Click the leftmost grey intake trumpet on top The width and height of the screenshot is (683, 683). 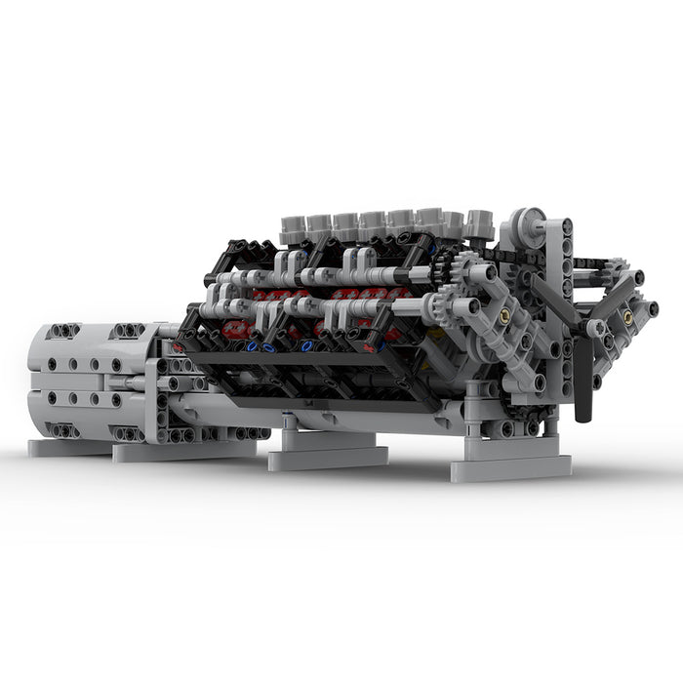pos(294,227)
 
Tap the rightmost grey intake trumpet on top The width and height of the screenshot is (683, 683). pos(478,222)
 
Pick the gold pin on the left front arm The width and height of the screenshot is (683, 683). pos(504,316)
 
